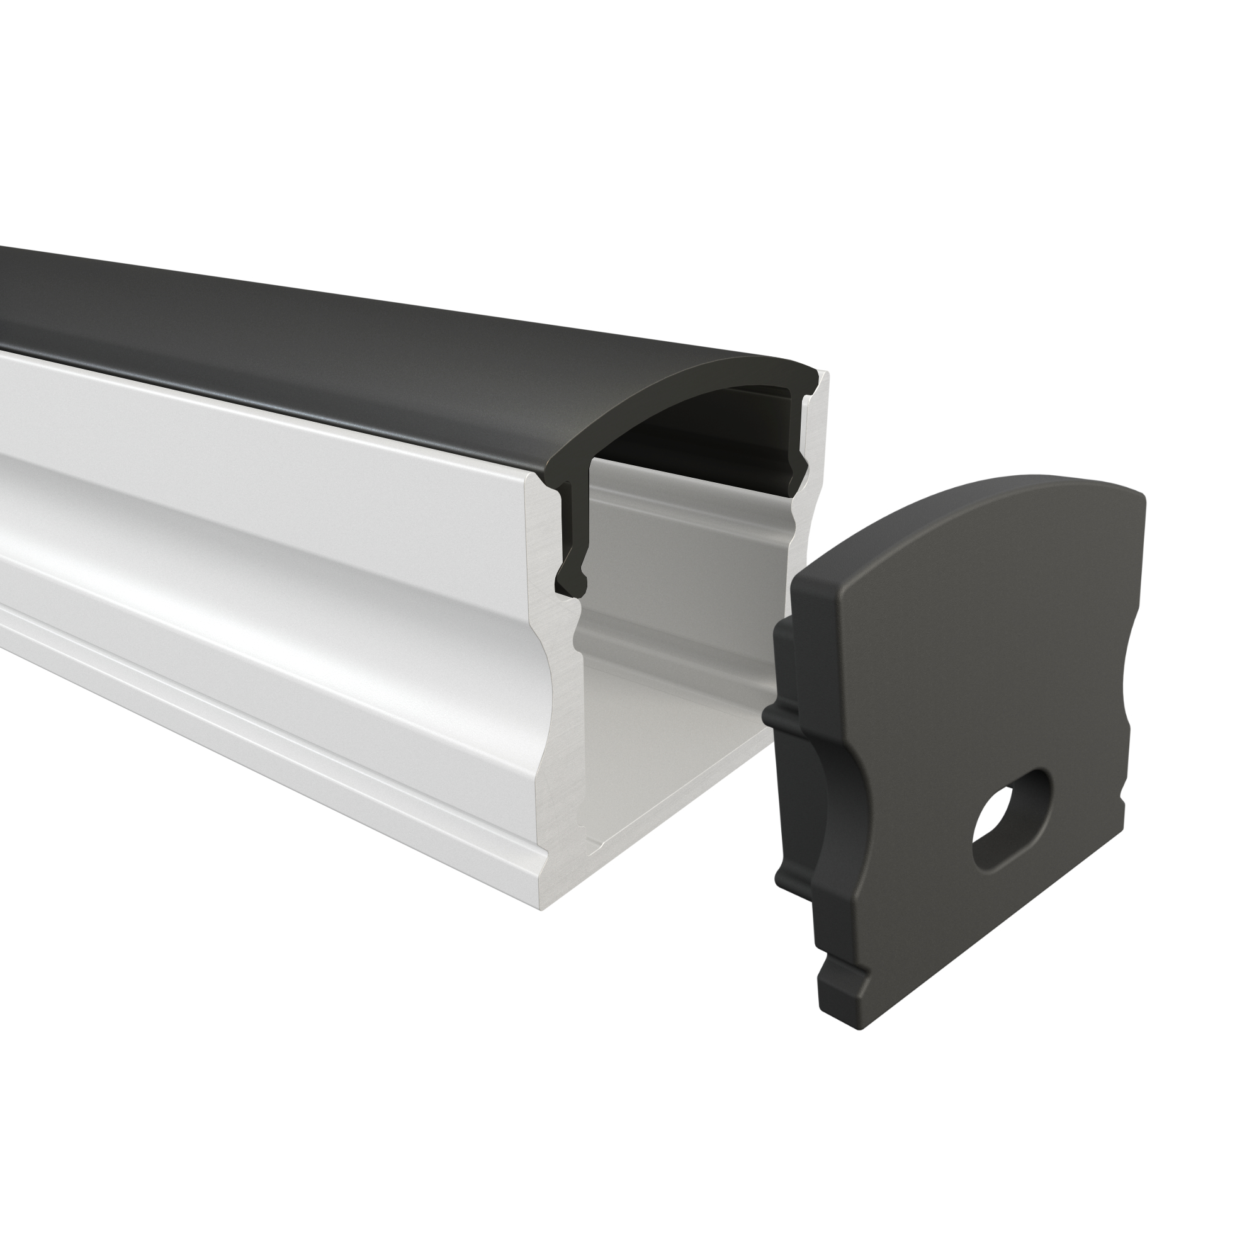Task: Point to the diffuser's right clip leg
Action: (x=799, y=456)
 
